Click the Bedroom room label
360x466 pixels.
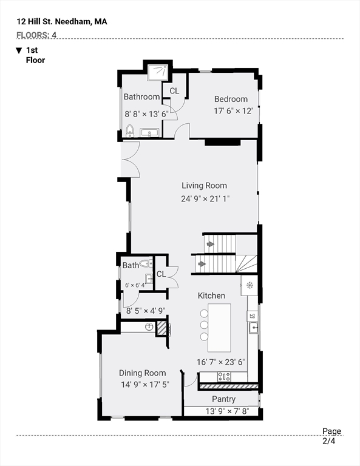tap(231, 99)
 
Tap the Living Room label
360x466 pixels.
tap(204, 186)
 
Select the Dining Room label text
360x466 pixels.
tap(143, 373)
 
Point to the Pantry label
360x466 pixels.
tap(223, 399)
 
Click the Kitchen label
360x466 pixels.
tap(211, 295)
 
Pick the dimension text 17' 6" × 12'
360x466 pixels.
tap(233, 111)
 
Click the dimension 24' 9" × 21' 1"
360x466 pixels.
tap(205, 198)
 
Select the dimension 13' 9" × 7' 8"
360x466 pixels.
tap(227, 411)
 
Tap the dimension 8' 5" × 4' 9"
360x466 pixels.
tap(146, 311)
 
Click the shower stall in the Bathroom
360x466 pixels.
tap(158, 72)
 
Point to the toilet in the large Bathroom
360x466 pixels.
tap(129, 131)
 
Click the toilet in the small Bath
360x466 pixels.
tap(146, 263)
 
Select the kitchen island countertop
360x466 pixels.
tap(219, 328)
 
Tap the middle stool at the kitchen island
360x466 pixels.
tap(204, 325)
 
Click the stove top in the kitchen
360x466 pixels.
tap(224, 377)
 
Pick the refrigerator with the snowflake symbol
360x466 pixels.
tap(250, 286)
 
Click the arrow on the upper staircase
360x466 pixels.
tap(211, 245)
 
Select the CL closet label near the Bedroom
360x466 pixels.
tap(174, 90)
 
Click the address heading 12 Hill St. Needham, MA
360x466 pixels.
tap(62, 22)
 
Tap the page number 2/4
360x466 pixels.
tap(329, 441)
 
